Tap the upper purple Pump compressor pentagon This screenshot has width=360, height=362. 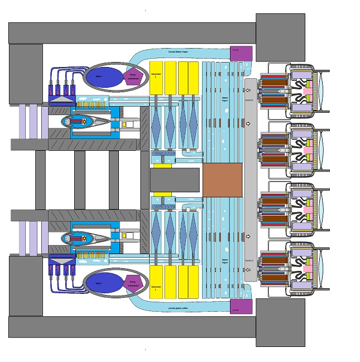pyautogui.click(x=133, y=77)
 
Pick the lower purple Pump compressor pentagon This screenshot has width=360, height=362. pyautogui.click(x=133, y=284)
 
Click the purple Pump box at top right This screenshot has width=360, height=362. pyautogui.click(x=241, y=54)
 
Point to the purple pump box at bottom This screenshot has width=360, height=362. pyautogui.click(x=241, y=306)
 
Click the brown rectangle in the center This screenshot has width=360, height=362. pyautogui.click(x=223, y=180)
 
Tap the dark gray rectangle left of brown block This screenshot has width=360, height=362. pyautogui.click(x=175, y=180)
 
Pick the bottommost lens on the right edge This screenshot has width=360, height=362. pyautogui.click(x=323, y=270)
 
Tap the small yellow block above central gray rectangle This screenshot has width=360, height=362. pyautogui.click(x=162, y=165)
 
